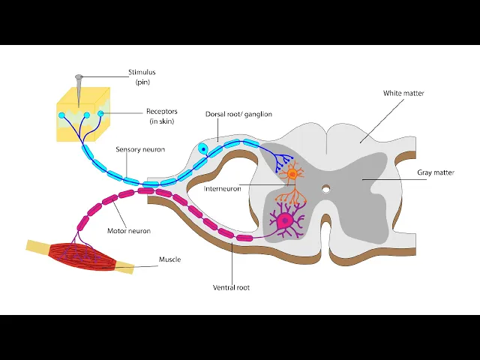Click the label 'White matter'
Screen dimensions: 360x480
point(403,93)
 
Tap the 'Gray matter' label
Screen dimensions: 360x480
point(436,172)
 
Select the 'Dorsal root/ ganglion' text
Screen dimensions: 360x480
point(238,114)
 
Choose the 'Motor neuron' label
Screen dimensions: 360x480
point(129,232)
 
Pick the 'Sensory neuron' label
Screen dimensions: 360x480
point(140,149)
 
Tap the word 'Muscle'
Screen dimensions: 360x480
point(169,259)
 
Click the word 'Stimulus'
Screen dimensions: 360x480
point(142,73)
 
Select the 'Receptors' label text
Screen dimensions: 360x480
point(161,112)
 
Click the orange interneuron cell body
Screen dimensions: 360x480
point(292,174)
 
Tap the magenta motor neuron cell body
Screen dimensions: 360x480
point(284,221)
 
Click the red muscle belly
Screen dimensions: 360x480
point(82,255)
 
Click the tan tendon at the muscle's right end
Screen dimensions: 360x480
point(125,266)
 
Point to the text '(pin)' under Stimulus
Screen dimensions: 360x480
point(142,82)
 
